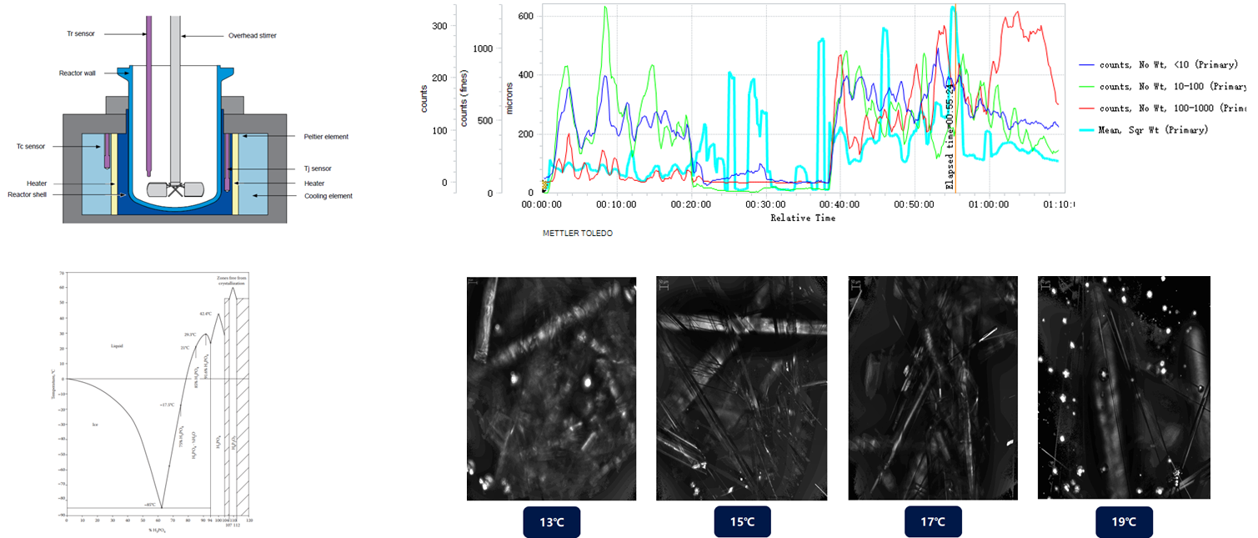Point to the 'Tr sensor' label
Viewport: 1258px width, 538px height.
(x=81, y=34)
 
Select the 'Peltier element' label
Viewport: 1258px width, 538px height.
(x=326, y=137)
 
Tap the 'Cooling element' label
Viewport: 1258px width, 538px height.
(x=328, y=196)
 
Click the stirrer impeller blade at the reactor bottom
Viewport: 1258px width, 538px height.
(x=176, y=189)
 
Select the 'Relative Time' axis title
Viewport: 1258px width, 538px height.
(x=803, y=219)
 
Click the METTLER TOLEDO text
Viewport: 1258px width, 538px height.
(x=577, y=234)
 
